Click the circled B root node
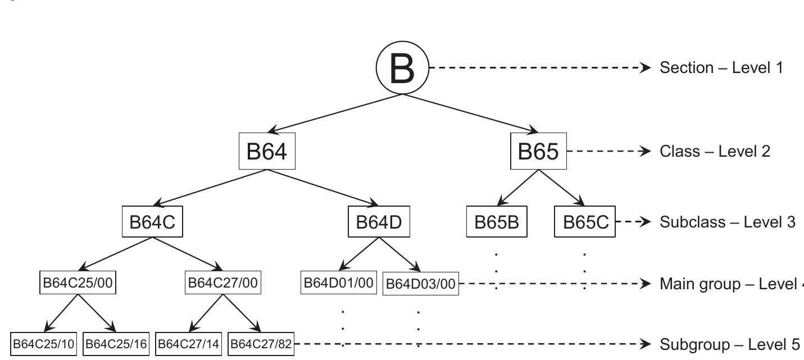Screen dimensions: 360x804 click(402, 68)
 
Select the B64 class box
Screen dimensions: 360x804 click(267, 152)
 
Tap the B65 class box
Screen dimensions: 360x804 click(538, 152)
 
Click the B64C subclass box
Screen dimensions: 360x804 click(152, 222)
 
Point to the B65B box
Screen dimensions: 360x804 click(497, 222)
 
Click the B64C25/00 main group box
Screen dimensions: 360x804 click(79, 283)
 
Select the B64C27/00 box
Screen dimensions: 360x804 click(223, 283)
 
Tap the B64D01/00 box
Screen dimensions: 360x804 click(339, 283)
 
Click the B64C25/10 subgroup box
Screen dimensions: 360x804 click(44, 344)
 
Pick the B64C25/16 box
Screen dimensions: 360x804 click(116, 344)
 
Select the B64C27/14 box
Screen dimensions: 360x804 click(189, 344)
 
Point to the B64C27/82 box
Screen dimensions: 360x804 click(261, 344)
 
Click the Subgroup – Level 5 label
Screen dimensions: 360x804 click(730, 344)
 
